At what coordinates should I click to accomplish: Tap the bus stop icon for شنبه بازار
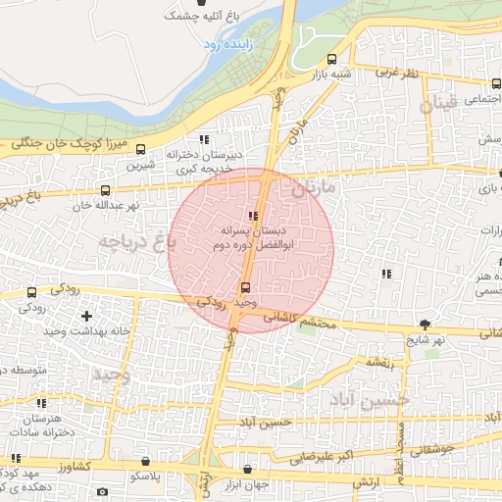(331, 58)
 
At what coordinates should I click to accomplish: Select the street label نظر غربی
(399, 73)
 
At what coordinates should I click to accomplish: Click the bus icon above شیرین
(141, 150)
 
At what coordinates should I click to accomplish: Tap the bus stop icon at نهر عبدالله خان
(105, 190)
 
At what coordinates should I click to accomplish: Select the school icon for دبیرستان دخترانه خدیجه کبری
(204, 139)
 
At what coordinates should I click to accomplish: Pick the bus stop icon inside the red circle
(245, 287)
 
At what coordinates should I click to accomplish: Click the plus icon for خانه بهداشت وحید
(87, 316)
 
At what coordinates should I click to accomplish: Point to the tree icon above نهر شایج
(424, 324)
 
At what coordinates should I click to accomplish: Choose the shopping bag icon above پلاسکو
(146, 461)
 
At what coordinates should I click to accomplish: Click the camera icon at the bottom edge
(102, 491)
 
